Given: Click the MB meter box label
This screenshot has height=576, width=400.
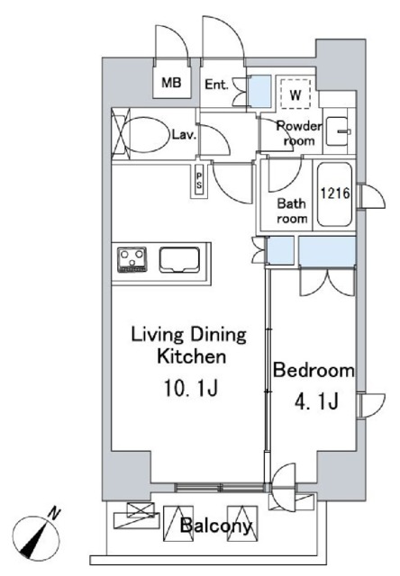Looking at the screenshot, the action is [172, 83].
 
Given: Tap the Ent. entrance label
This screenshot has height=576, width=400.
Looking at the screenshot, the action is [216, 85].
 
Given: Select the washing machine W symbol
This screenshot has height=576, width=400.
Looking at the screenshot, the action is [295, 94].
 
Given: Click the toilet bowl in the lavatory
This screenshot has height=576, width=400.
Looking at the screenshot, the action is [144, 134].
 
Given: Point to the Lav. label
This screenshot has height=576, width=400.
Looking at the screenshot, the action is [184, 134].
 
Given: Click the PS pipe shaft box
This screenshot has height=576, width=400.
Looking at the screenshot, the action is [199, 180].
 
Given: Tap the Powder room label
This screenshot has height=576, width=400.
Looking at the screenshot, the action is [299, 133].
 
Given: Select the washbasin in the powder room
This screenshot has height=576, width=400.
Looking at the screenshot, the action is [339, 131].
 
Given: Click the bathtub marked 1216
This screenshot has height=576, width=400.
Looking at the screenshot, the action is [334, 194].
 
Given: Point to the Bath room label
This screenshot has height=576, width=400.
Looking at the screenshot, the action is [292, 211].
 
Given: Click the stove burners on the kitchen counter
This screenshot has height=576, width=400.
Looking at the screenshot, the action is [132, 259].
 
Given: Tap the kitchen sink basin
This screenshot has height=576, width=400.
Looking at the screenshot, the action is [179, 260].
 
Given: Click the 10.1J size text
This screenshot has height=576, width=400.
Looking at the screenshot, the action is [191, 388].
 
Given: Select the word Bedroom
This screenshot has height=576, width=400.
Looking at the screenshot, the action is [314, 370].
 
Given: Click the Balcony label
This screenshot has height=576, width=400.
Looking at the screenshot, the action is [216, 526].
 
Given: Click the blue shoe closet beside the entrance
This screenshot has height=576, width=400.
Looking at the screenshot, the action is [260, 92].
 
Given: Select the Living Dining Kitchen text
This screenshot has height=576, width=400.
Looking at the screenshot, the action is [189, 346].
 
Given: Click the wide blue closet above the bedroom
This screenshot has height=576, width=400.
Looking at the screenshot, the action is [327, 250].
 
